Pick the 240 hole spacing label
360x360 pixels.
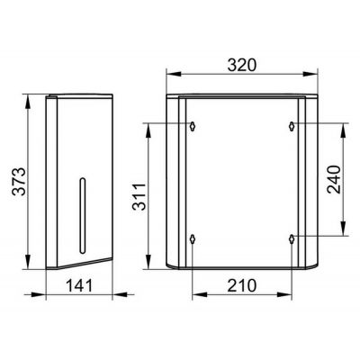(334, 179)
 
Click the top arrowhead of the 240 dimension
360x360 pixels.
(342, 127)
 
